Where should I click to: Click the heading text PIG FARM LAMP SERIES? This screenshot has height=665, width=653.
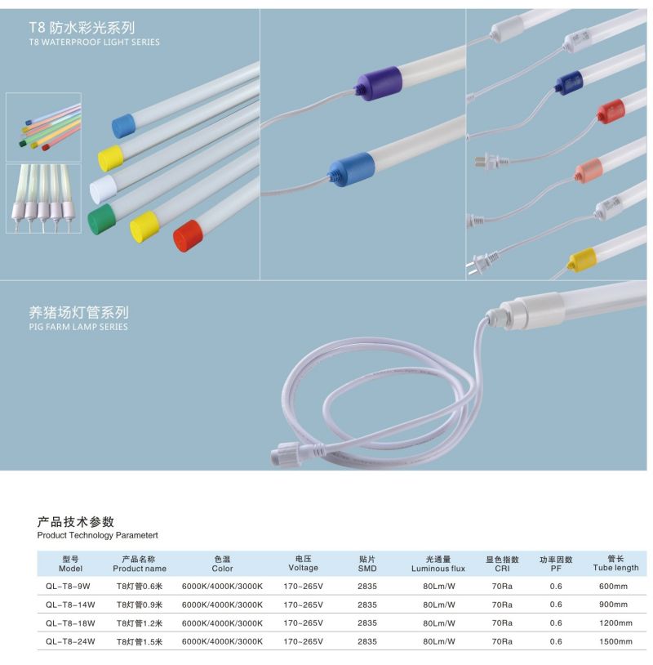pyautogui.click(x=78, y=327)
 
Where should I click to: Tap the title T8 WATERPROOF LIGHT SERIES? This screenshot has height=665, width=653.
pyautogui.click(x=94, y=42)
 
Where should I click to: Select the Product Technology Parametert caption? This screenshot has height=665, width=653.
pyautogui.click(x=97, y=535)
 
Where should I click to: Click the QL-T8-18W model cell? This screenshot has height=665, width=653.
pyautogui.click(x=70, y=623)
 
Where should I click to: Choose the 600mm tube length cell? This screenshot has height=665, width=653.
pyautogui.click(x=613, y=586)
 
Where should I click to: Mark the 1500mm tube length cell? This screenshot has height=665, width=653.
pyautogui.click(x=613, y=642)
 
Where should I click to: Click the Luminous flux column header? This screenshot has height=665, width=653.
pyautogui.click(x=438, y=564)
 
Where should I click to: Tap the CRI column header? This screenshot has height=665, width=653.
pyautogui.click(x=502, y=564)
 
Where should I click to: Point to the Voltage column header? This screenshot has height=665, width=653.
pyautogui.click(x=303, y=563)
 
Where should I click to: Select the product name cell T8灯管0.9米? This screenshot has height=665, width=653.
pyautogui.click(x=140, y=605)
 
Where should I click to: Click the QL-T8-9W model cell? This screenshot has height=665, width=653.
pyautogui.click(x=70, y=586)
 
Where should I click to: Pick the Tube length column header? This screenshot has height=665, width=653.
pyautogui.click(x=615, y=563)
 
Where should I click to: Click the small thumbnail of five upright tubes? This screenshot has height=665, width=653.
pyautogui.click(x=43, y=199)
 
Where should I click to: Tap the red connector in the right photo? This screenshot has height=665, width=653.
pyautogui.click(x=608, y=111)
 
